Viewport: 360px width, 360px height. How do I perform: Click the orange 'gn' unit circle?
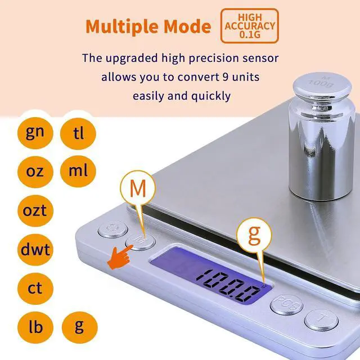35,133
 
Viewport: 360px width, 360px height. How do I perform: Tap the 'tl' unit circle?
78,133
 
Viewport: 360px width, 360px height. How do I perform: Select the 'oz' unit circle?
35,172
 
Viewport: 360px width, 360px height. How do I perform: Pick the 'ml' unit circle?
78,171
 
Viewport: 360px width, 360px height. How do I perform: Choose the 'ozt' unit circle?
35,210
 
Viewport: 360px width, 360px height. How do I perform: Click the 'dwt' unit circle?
35,250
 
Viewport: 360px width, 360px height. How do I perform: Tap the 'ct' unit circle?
35,289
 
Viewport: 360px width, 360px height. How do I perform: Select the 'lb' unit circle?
35,327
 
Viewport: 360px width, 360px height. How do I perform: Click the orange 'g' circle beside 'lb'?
80,327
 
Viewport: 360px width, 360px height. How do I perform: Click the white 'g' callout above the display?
254,235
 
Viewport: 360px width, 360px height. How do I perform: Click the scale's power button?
113,229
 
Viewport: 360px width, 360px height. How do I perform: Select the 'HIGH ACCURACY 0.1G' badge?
250,26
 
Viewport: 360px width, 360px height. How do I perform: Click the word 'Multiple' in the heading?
122,26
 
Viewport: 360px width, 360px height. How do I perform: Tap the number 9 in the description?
226,76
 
